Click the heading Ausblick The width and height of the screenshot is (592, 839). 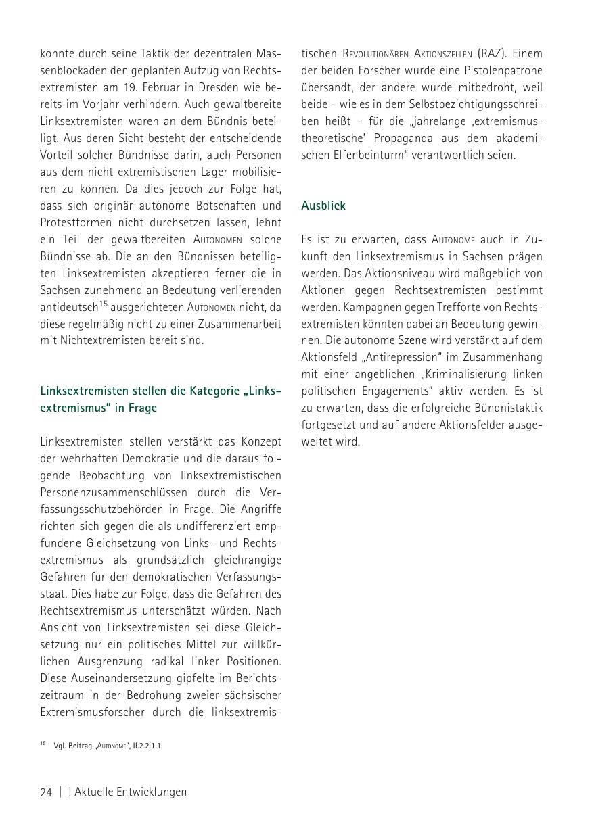coord(323,206)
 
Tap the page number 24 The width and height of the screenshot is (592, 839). coord(46,792)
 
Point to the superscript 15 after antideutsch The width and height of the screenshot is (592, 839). coord(104,304)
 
